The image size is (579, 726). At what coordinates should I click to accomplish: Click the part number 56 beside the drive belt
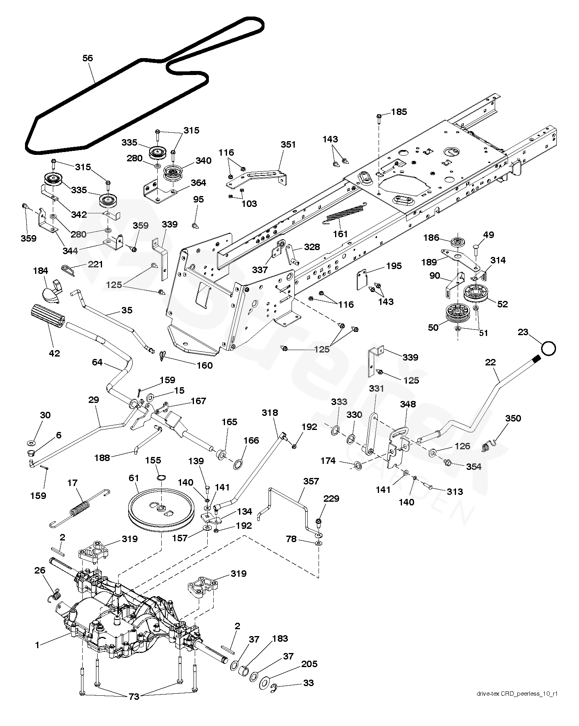coord(87,58)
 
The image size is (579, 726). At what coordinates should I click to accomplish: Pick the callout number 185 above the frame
coord(399,112)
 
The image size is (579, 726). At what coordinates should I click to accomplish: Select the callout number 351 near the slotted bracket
coord(288,144)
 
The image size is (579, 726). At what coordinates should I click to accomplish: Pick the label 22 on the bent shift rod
coord(490,362)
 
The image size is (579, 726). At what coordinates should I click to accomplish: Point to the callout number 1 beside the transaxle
coord(37,645)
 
